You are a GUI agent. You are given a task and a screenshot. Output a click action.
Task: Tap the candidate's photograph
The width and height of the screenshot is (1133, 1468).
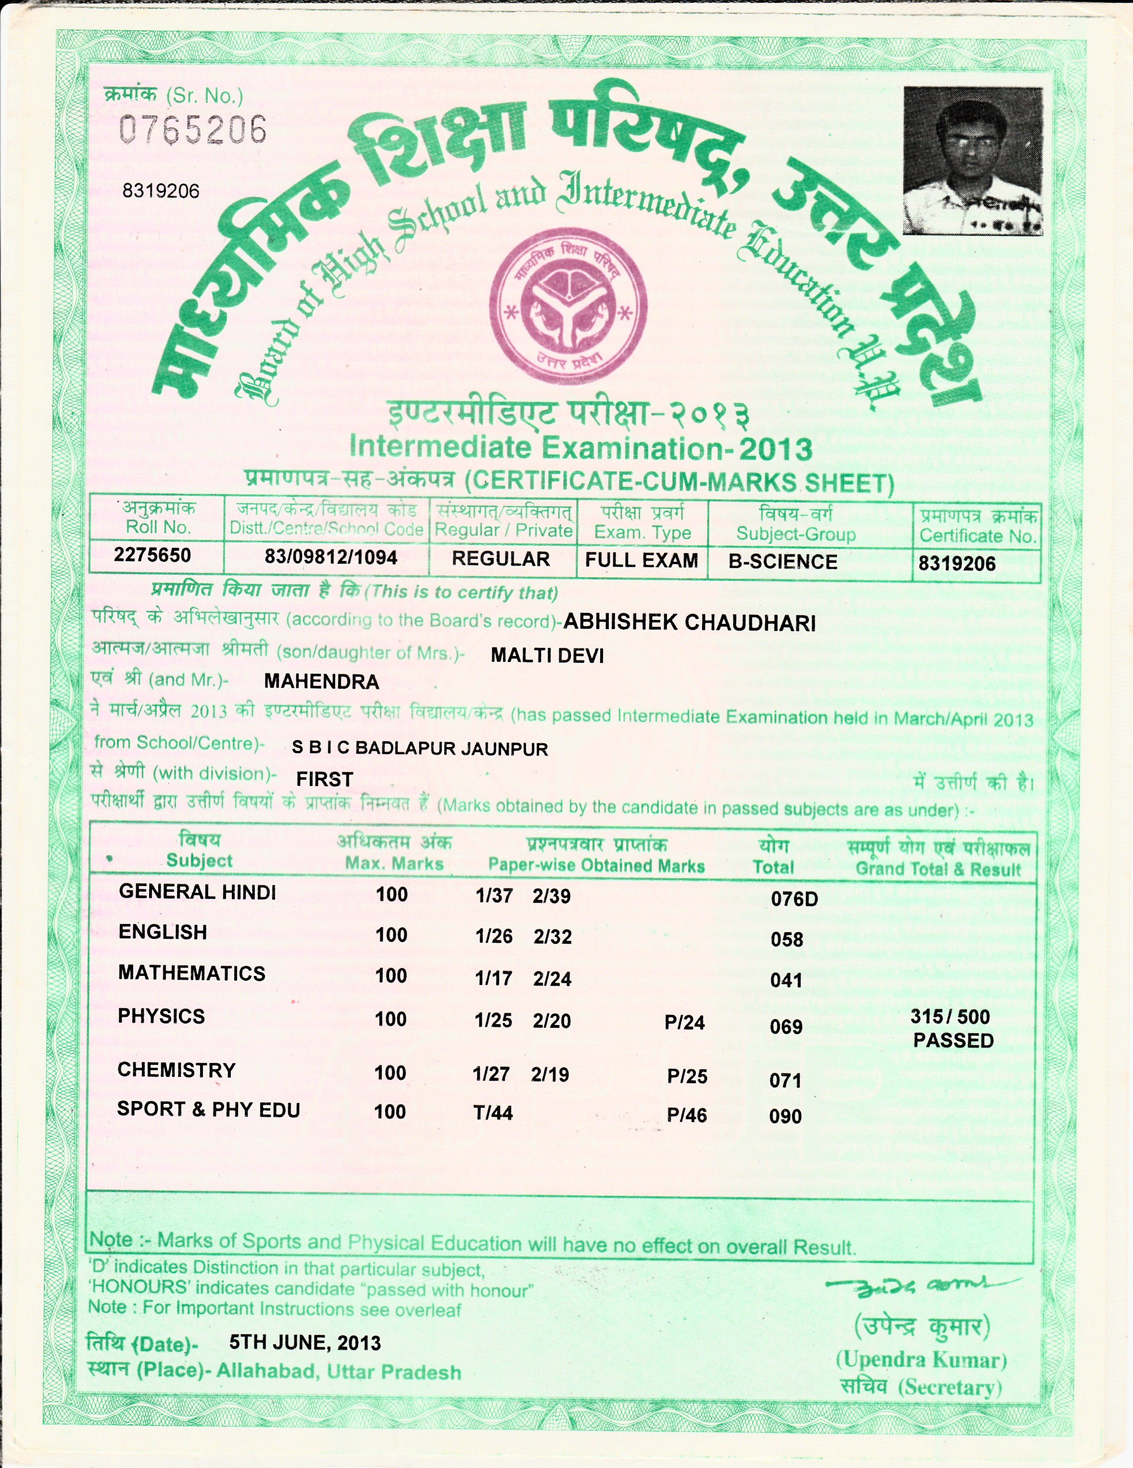(x=972, y=160)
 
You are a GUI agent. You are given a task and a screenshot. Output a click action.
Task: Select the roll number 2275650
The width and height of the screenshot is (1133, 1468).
(x=152, y=555)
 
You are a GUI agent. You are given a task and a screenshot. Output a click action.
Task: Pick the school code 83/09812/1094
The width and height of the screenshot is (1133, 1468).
(x=331, y=557)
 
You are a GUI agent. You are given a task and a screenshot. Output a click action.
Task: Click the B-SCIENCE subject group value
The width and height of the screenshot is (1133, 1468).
(x=783, y=562)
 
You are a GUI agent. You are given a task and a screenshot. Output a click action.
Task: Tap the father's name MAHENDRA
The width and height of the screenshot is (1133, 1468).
(x=321, y=682)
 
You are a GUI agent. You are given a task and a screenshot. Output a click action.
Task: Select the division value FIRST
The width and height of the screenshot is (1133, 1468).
(x=325, y=779)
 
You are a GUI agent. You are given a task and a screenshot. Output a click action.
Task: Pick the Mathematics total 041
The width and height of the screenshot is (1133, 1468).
(x=786, y=981)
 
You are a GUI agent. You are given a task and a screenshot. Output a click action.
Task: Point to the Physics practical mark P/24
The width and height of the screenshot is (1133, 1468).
(x=684, y=1023)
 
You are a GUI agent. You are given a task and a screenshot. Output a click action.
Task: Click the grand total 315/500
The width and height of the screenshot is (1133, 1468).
(x=950, y=1016)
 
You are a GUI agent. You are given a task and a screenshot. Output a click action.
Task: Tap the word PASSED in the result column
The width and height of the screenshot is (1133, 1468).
(x=953, y=1040)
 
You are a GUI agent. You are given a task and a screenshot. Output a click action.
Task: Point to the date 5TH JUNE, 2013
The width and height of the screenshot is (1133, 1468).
(x=305, y=1343)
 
